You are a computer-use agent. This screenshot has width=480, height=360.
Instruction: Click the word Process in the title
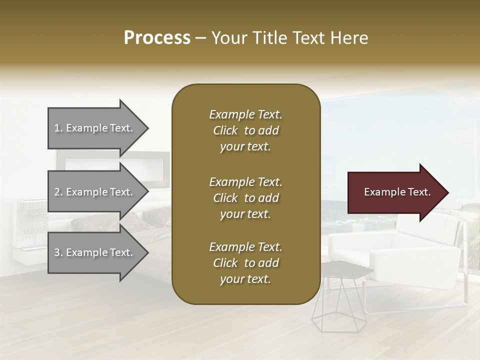click(x=157, y=38)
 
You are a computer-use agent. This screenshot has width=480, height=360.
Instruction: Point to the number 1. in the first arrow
click(x=58, y=128)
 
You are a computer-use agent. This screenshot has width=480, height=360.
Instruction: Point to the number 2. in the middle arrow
click(x=58, y=192)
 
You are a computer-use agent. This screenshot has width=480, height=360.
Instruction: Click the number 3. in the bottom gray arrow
click(x=58, y=252)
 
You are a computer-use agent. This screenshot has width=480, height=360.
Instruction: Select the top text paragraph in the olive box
click(x=245, y=130)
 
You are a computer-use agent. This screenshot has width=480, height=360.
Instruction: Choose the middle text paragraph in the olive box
click(x=245, y=198)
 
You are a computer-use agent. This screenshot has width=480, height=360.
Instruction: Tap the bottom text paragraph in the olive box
click(x=245, y=263)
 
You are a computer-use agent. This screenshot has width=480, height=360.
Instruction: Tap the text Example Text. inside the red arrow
click(x=397, y=192)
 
